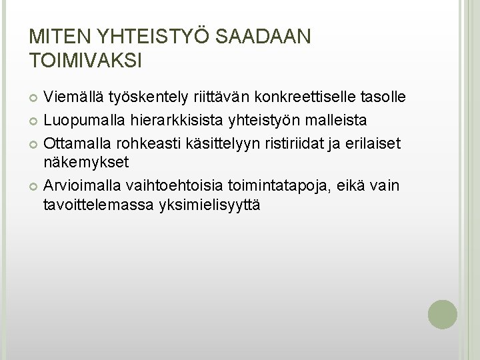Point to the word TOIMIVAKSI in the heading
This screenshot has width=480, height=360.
[87, 59]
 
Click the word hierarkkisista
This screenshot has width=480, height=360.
[179, 121]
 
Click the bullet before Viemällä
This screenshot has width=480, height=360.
[35, 99]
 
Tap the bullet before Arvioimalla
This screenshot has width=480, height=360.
[35, 185]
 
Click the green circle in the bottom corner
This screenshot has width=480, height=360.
[442, 314]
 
